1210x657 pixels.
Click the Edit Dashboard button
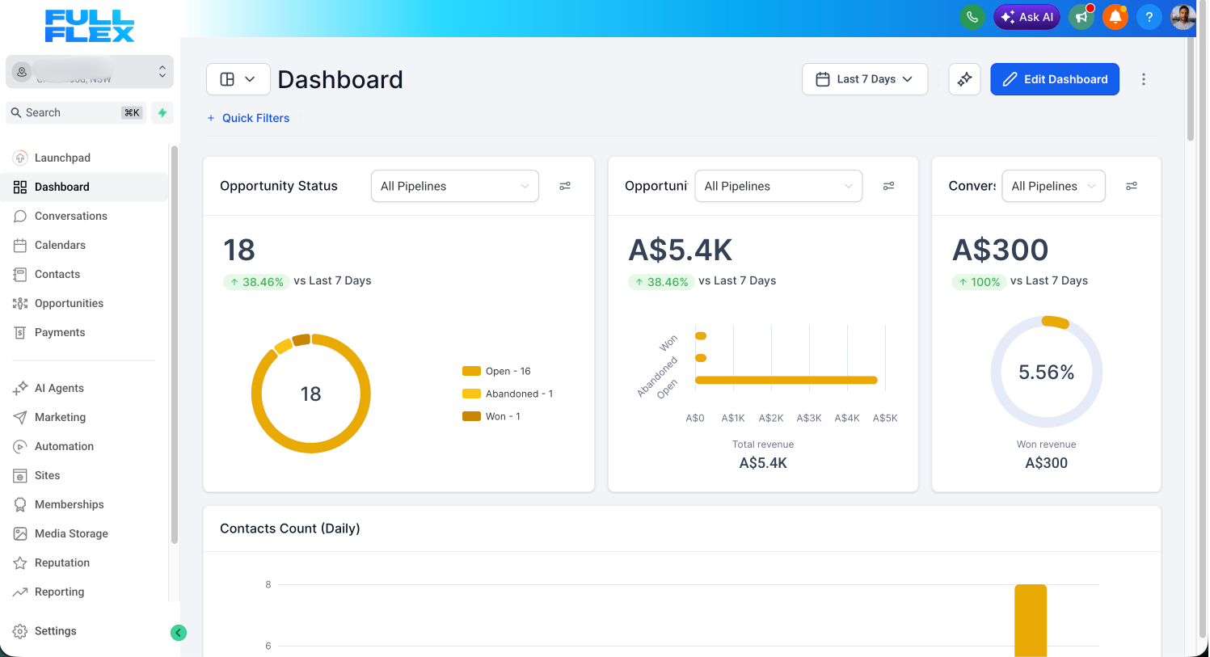coord(1054,79)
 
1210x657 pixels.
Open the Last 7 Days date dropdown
coord(864,79)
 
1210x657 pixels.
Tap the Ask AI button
coord(1027,17)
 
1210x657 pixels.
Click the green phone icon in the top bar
coord(972,17)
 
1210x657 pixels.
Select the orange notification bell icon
coord(1115,17)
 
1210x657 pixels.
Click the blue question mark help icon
coord(1149,17)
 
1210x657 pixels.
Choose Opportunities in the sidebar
coord(69,303)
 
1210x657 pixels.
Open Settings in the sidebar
coord(55,631)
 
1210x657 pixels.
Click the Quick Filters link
coord(255,118)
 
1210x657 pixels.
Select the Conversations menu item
coord(70,216)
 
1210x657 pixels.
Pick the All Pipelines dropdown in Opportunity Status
coord(454,186)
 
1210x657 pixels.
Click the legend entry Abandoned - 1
coord(518,394)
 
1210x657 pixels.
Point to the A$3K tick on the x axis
coord(809,418)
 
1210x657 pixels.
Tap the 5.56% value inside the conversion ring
coord(1046,373)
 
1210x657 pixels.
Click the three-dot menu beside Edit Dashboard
coord(1143,79)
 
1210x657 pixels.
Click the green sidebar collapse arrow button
coord(179,633)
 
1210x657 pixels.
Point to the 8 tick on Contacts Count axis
coord(268,584)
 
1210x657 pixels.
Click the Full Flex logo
coord(90,26)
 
